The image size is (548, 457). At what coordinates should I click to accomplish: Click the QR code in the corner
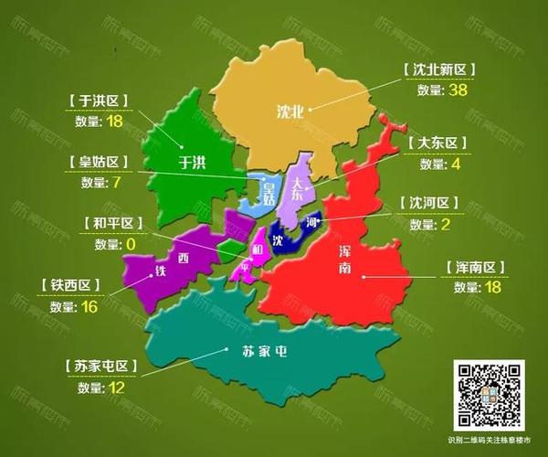coord(490,394)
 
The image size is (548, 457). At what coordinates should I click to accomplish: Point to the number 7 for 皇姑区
coord(115,182)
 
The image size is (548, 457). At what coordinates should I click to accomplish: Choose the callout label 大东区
coord(437,143)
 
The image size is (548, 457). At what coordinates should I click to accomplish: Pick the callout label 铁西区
coord(74,285)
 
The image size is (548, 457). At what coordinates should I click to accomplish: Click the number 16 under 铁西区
coord(90,306)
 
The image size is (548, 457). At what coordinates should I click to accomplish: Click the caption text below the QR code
coord(490,441)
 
